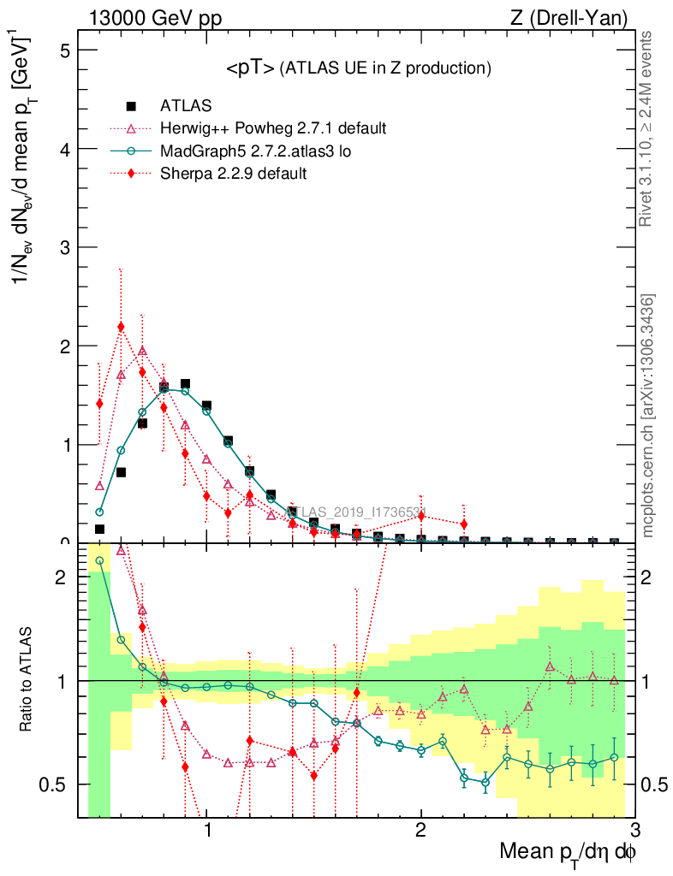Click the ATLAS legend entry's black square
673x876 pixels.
(x=131, y=106)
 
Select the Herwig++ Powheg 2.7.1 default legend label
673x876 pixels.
(x=274, y=128)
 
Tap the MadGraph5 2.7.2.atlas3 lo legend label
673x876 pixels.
(x=257, y=151)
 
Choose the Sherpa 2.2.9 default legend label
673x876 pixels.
(x=234, y=173)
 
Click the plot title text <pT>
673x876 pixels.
(x=250, y=68)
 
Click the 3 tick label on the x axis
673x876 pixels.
(x=634, y=829)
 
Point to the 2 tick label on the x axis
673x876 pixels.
(x=420, y=829)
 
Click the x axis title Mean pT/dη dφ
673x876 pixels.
(x=567, y=852)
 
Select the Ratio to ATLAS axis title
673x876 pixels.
(x=28, y=680)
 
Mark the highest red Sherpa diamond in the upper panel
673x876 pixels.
(x=121, y=326)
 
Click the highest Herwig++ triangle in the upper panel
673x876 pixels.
(x=142, y=351)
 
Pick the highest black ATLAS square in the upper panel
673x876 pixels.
(x=185, y=384)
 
